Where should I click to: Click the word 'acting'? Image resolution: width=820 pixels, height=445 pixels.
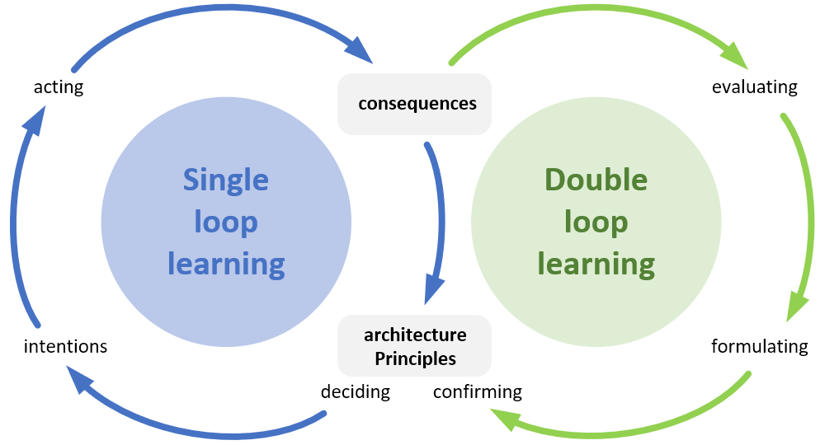coord(59,87)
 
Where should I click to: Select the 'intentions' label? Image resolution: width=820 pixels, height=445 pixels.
coord(65,346)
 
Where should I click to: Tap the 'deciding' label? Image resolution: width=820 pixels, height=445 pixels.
coord(355,391)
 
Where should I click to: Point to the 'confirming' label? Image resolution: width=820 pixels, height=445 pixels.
coord(478,391)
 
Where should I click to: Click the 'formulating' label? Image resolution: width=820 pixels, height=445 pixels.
coord(759,346)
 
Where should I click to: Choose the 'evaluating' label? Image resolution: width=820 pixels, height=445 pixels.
coord(754,87)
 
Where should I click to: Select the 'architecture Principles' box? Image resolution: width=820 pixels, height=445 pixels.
coord(415,346)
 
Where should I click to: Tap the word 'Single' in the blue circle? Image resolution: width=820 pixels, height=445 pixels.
coord(225,179)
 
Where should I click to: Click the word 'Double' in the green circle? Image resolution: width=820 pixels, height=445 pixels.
coord(596,179)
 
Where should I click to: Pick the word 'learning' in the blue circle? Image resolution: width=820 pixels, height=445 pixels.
coord(225,264)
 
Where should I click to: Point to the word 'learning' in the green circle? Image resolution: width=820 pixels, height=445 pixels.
coord(596,264)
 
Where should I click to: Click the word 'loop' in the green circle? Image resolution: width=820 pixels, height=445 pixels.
coord(596,222)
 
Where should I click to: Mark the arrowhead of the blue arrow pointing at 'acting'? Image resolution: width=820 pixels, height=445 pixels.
coord(32,122)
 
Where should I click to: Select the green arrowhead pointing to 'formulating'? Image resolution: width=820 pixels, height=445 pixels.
coord(796,306)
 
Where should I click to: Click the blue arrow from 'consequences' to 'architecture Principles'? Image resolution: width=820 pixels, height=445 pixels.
coord(438,214)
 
